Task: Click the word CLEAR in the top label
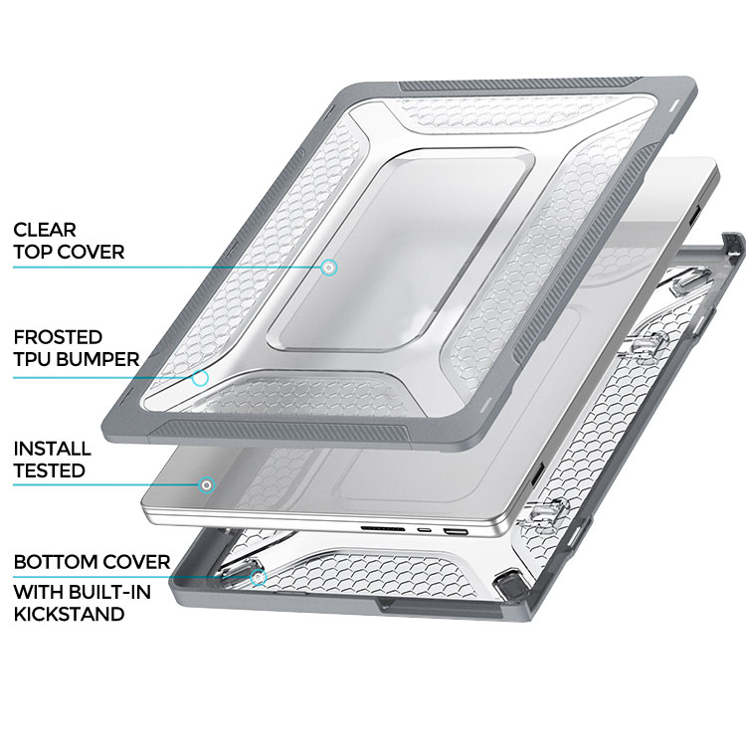(45, 230)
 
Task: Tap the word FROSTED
(58, 337)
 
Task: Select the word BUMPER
(99, 359)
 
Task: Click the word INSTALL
(53, 449)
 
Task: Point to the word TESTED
(50, 470)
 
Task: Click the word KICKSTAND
(69, 614)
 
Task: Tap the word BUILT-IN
(109, 593)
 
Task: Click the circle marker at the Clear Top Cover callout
(328, 268)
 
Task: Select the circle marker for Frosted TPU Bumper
(200, 378)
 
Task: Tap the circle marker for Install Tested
(207, 485)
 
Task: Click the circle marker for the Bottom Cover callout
(258, 578)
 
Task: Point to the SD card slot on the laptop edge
(383, 528)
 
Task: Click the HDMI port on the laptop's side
(454, 531)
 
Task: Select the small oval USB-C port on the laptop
(423, 529)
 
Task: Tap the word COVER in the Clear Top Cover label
(93, 252)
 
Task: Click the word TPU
(34, 359)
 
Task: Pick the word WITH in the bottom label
(39, 593)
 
